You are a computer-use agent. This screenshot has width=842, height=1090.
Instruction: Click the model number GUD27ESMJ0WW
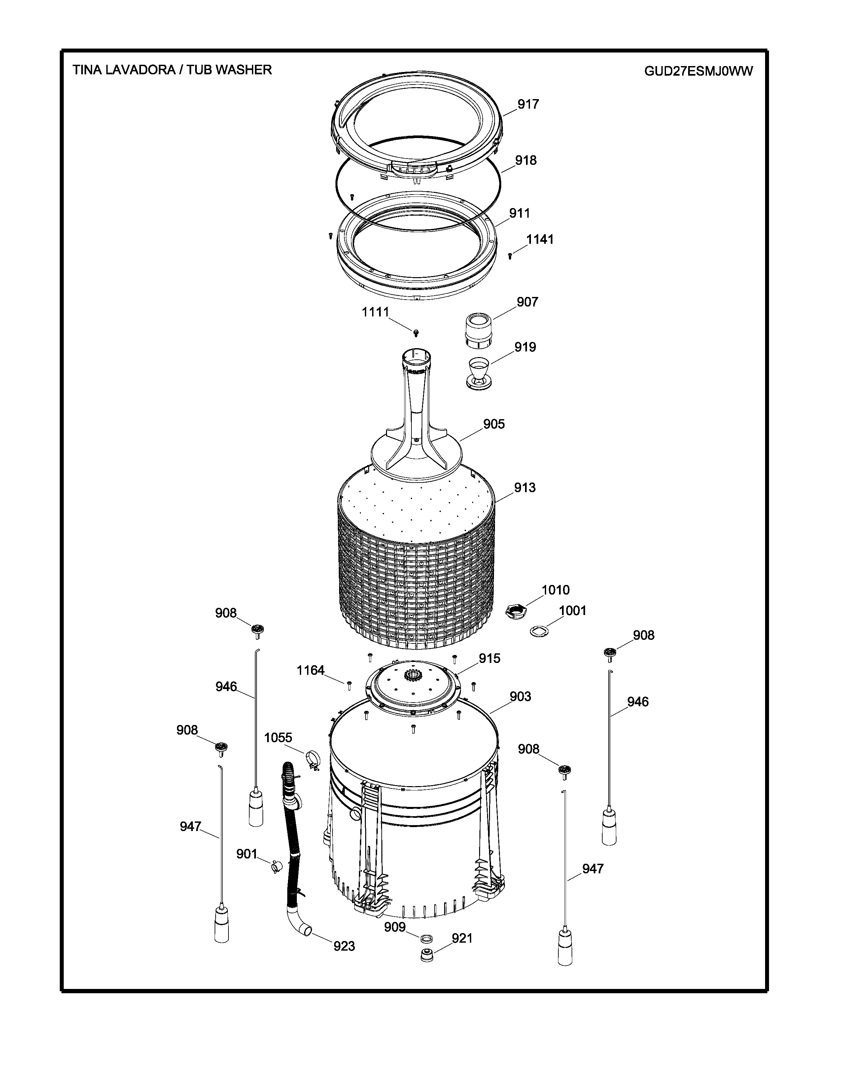[698, 71]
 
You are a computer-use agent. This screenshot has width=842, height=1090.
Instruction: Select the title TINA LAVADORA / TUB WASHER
[172, 70]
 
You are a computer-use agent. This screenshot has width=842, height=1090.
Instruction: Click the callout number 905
[494, 424]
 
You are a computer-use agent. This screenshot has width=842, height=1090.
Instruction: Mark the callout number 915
[489, 659]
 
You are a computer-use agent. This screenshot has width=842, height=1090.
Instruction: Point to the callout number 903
[520, 696]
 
